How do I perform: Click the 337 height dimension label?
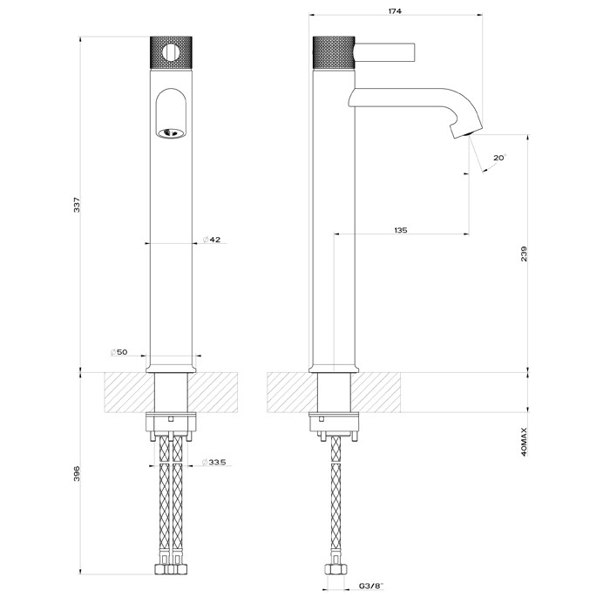(78, 205)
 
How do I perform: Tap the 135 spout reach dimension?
(400, 230)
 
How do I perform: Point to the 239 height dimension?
(523, 253)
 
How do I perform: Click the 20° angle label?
(498, 158)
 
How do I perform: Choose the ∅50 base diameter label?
(119, 351)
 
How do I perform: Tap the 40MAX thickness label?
(523, 442)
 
